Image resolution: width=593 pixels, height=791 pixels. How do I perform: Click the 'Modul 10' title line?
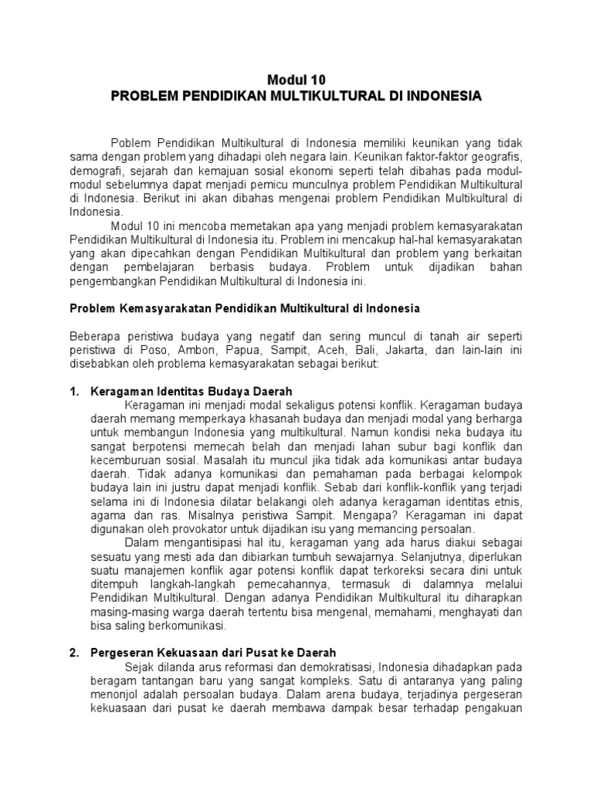[296, 79]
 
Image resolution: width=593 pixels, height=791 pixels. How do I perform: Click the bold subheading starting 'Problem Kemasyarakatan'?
[245, 307]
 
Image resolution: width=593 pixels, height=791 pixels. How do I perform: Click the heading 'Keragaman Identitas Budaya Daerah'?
[191, 392]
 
